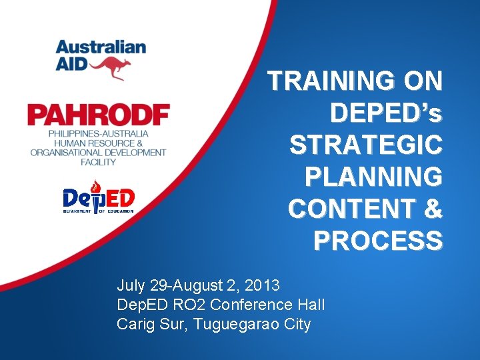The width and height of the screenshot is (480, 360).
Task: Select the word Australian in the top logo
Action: tap(101, 47)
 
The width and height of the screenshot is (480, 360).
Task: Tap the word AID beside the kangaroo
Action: tap(69, 65)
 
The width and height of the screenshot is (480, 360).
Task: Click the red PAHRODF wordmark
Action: tap(98, 115)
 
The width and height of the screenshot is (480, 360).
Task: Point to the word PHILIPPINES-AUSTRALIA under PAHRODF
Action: tap(98, 134)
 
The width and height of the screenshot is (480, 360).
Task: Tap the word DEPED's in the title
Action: tap(386, 113)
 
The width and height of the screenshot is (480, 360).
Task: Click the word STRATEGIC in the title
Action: tap(365, 145)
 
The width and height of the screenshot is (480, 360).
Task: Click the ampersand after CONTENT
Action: tap(432, 209)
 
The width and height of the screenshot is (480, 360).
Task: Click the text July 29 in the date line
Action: tap(142, 286)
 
